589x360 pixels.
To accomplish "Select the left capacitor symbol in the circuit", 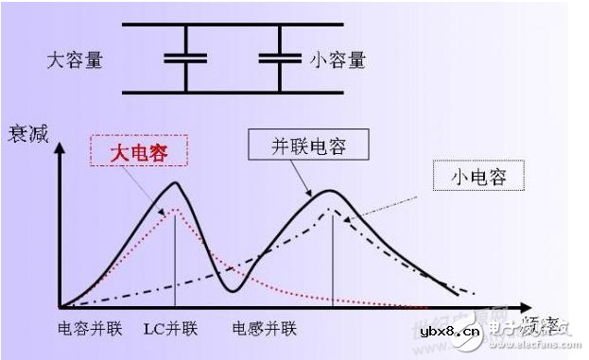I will tap(185, 60).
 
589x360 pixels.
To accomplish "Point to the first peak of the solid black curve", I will tap(176, 183).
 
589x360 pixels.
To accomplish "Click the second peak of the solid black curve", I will tap(330, 191).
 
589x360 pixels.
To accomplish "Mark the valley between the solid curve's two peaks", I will tap(229, 289).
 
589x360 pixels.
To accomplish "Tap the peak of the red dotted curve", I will tap(175, 211).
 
